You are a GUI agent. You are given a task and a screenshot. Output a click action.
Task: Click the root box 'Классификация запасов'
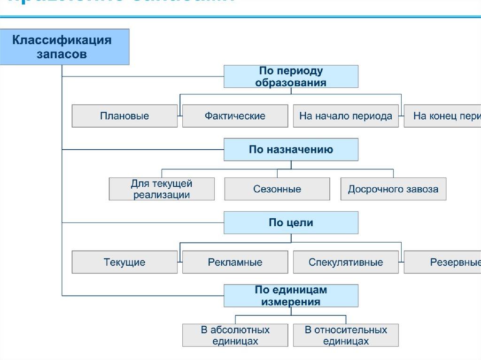click(x=64, y=46)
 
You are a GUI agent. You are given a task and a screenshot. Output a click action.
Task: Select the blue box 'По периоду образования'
click(x=291, y=77)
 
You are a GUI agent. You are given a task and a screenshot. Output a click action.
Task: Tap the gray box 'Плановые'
click(x=124, y=116)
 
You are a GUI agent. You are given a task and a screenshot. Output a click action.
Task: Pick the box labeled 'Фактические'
click(x=235, y=116)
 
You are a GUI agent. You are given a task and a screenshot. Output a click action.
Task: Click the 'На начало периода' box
click(x=346, y=116)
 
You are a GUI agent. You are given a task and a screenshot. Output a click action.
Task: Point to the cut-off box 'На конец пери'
click(x=442, y=116)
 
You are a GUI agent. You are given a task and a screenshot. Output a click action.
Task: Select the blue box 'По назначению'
click(x=291, y=150)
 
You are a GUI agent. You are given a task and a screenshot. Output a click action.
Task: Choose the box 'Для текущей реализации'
click(x=162, y=189)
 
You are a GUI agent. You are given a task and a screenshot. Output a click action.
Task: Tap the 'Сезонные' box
click(x=277, y=189)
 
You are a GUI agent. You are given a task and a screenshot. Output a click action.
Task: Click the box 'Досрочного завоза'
click(x=393, y=189)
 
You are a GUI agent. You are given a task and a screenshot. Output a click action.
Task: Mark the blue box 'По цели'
click(x=291, y=222)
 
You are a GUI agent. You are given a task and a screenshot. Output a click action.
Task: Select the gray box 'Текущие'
click(x=124, y=262)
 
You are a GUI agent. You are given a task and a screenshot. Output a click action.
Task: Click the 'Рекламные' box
click(x=235, y=262)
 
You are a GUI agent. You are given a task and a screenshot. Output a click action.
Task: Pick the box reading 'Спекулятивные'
click(x=346, y=262)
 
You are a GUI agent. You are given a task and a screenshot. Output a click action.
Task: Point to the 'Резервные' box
click(x=442, y=262)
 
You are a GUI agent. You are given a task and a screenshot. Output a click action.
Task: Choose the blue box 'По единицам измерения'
click(x=291, y=296)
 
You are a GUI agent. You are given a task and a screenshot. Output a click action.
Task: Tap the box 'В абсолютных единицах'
click(x=235, y=335)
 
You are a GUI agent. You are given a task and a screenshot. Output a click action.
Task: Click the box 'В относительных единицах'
click(x=346, y=335)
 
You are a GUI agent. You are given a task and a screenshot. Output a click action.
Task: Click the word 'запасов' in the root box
click(x=62, y=54)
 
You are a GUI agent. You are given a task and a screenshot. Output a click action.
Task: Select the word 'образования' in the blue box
click(x=291, y=83)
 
